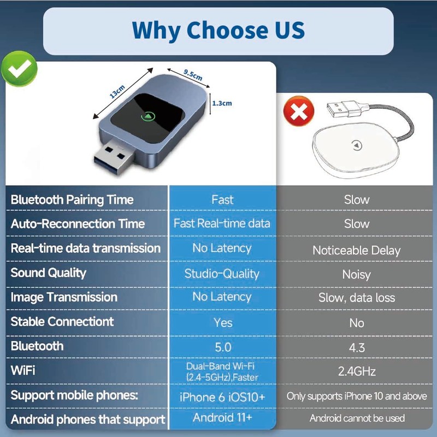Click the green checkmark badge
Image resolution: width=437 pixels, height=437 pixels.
click(19, 69)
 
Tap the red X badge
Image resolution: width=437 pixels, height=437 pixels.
click(298, 111)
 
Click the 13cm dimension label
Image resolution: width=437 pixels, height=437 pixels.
click(117, 91)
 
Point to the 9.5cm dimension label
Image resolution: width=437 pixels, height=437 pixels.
click(193, 75)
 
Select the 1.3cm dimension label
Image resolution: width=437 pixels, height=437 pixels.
click(222, 103)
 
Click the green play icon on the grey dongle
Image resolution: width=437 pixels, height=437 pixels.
click(148, 116)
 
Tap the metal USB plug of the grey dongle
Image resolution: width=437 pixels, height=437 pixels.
click(114, 156)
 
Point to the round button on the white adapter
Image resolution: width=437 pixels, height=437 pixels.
click(357, 145)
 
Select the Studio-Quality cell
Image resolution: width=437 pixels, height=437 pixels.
click(222, 274)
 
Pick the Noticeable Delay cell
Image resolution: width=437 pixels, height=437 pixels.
click(357, 250)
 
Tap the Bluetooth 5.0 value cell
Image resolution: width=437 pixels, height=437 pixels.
click(223, 347)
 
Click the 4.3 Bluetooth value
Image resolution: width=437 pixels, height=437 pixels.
click(357, 347)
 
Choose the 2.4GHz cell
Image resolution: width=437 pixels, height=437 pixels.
click(357, 371)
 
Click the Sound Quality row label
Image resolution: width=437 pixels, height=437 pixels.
click(49, 273)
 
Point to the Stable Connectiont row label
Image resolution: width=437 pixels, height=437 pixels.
click(62, 322)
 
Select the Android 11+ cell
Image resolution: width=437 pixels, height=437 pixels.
click(222, 417)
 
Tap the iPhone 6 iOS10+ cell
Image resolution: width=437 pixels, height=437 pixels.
click(222, 397)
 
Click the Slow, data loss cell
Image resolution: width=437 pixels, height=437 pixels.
click(357, 298)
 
